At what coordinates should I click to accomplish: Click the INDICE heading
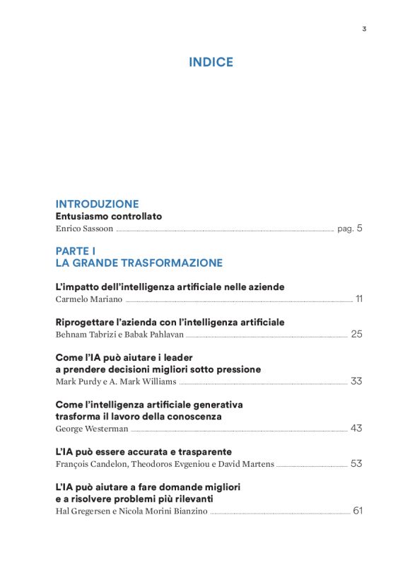point(211,62)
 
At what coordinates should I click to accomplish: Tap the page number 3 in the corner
point(364,29)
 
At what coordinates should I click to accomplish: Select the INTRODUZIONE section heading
point(97,204)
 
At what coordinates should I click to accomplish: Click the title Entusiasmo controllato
point(109,216)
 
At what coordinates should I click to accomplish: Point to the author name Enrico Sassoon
point(84,229)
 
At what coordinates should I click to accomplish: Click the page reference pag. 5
point(350,228)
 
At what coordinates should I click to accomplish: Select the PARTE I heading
point(76,251)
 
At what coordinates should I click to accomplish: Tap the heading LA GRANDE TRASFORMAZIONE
point(139,263)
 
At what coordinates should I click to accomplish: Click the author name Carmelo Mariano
point(88,299)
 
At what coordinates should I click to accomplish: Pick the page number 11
point(359,299)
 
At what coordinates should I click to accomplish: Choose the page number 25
point(356,334)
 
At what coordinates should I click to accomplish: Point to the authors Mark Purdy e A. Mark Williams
point(115,382)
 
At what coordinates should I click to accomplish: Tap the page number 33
point(356,381)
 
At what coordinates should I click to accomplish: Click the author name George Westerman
point(91,429)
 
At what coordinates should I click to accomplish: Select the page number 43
point(356,429)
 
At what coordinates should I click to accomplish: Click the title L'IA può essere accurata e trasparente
point(143,452)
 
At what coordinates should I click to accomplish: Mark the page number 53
point(356,464)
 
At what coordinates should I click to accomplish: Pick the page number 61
point(357,511)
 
